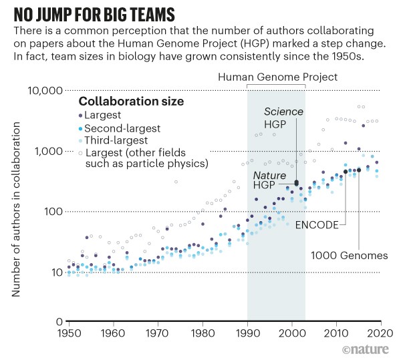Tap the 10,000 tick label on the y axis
45,91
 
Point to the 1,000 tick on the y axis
48,152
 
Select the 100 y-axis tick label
52,212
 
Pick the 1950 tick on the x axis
69,333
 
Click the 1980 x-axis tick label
203,333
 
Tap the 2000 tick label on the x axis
291,333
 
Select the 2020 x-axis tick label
380,333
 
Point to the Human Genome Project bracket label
277,77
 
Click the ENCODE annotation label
315,225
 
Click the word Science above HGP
283,112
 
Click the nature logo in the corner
368,349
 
